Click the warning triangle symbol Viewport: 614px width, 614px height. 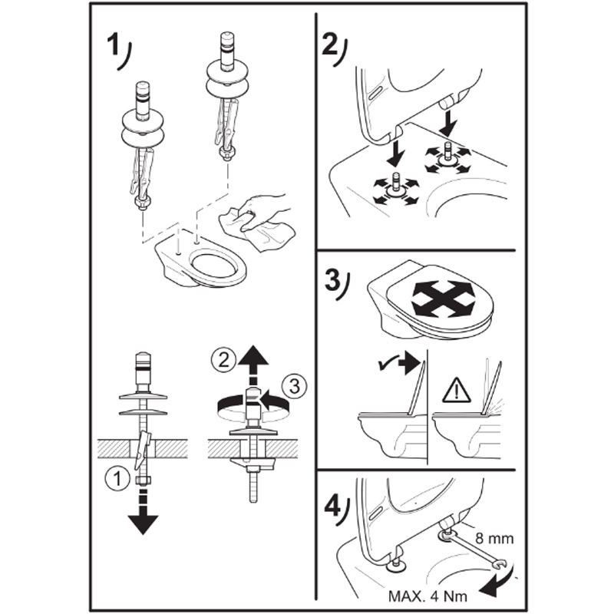tap(456, 392)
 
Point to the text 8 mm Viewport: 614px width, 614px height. tap(494, 539)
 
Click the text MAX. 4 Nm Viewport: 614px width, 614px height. tap(428, 596)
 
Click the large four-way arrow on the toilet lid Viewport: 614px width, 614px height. tap(444, 298)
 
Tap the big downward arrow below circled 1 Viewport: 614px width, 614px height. tap(143, 512)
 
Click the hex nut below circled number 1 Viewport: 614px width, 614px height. tap(142, 481)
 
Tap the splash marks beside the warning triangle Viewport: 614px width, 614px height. tap(496, 405)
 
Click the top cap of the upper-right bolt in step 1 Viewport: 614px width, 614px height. tap(227, 38)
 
